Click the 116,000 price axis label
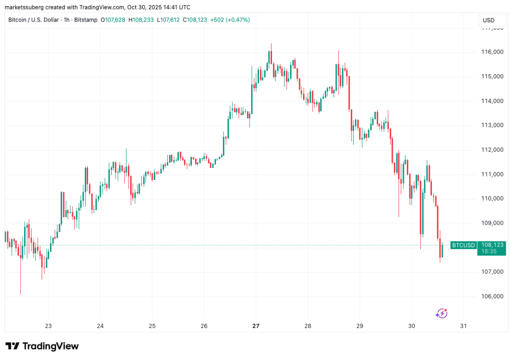(x=491, y=52)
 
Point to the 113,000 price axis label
(x=491, y=125)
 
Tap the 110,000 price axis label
(x=491, y=199)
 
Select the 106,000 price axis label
(x=491, y=296)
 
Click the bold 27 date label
(x=256, y=325)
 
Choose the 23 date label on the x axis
(x=48, y=325)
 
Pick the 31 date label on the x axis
(x=463, y=325)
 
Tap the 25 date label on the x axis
(x=152, y=325)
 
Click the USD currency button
(x=488, y=20)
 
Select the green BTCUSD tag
(x=463, y=245)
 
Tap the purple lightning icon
(x=441, y=313)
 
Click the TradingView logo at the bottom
(x=42, y=346)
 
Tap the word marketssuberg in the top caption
(x=25, y=7)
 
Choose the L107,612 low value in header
(x=169, y=20)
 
